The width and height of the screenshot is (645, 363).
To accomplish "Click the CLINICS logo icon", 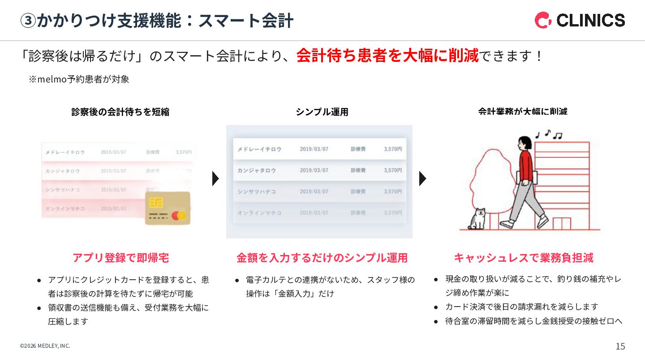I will pyautogui.click(x=543, y=20).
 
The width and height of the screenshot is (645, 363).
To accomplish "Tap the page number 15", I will pyautogui.click(x=620, y=346).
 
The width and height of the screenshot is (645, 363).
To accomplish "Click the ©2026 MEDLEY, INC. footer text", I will pyautogui.click(x=45, y=346).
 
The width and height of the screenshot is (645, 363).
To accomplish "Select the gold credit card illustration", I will pyautogui.click(x=168, y=208).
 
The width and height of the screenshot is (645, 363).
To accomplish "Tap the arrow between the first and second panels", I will pyautogui.click(x=215, y=178).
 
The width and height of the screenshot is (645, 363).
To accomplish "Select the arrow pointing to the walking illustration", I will pyautogui.click(x=422, y=178).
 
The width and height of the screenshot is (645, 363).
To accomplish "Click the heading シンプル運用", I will pyautogui.click(x=322, y=112).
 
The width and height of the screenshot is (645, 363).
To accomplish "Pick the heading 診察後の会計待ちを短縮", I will pyautogui.click(x=120, y=112).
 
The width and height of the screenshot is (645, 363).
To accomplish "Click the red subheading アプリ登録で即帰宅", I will pyautogui.click(x=120, y=258).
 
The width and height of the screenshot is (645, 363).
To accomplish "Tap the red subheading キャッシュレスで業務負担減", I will pyautogui.click(x=523, y=258).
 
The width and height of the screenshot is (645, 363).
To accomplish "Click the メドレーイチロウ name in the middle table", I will pyautogui.click(x=259, y=149).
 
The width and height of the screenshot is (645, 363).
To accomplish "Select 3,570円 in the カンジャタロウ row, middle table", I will pyautogui.click(x=392, y=170).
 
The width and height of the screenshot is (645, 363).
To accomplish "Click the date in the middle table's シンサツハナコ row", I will pyautogui.click(x=314, y=191).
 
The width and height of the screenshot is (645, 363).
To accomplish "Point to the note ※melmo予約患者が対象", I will pyautogui.click(x=79, y=79).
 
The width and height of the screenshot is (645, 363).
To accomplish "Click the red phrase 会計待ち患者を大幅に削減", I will pyautogui.click(x=387, y=56).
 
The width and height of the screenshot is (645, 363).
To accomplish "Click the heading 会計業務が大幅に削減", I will pyautogui.click(x=523, y=112).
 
